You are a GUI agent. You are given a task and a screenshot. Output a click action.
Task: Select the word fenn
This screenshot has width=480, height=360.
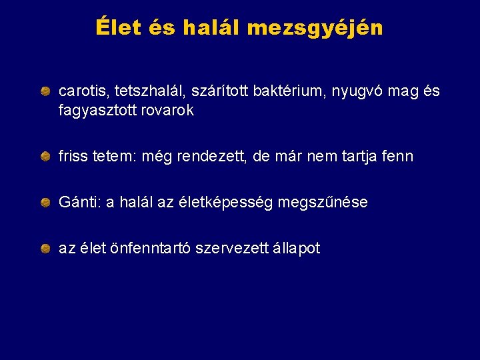[397, 157]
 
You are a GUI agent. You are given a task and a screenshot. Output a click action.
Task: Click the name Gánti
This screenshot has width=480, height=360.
[77, 203]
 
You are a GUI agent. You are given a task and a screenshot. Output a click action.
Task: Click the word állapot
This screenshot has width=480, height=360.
[294, 249]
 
